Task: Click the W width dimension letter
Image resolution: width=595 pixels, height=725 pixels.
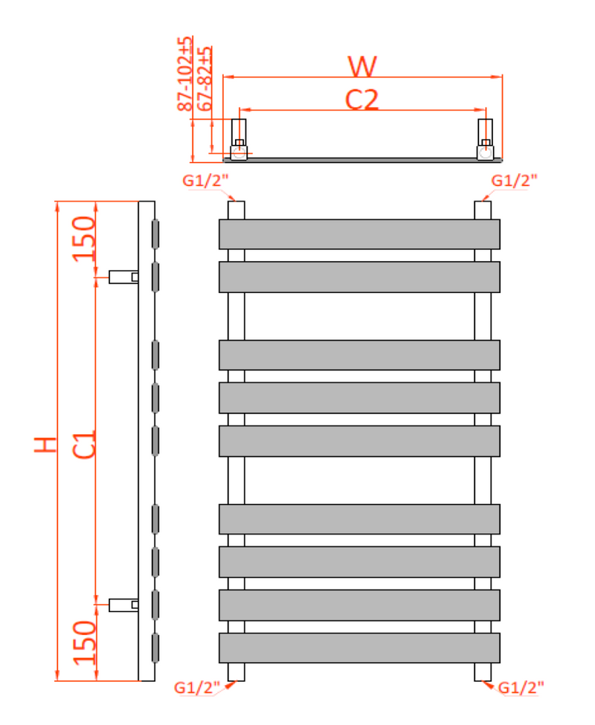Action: point(363,66)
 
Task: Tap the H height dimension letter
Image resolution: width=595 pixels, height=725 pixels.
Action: point(45,445)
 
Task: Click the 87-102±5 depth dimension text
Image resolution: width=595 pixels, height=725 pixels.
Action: point(185,74)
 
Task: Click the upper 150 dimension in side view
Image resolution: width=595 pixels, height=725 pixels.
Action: point(85,237)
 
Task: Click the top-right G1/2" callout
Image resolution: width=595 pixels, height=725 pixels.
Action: point(514,180)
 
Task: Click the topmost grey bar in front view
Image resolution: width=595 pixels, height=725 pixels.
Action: point(359,233)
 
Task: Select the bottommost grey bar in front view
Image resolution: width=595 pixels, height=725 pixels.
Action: point(359,647)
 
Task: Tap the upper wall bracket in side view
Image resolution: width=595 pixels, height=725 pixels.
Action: point(123,277)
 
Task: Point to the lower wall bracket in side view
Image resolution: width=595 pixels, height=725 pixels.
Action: point(123,605)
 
